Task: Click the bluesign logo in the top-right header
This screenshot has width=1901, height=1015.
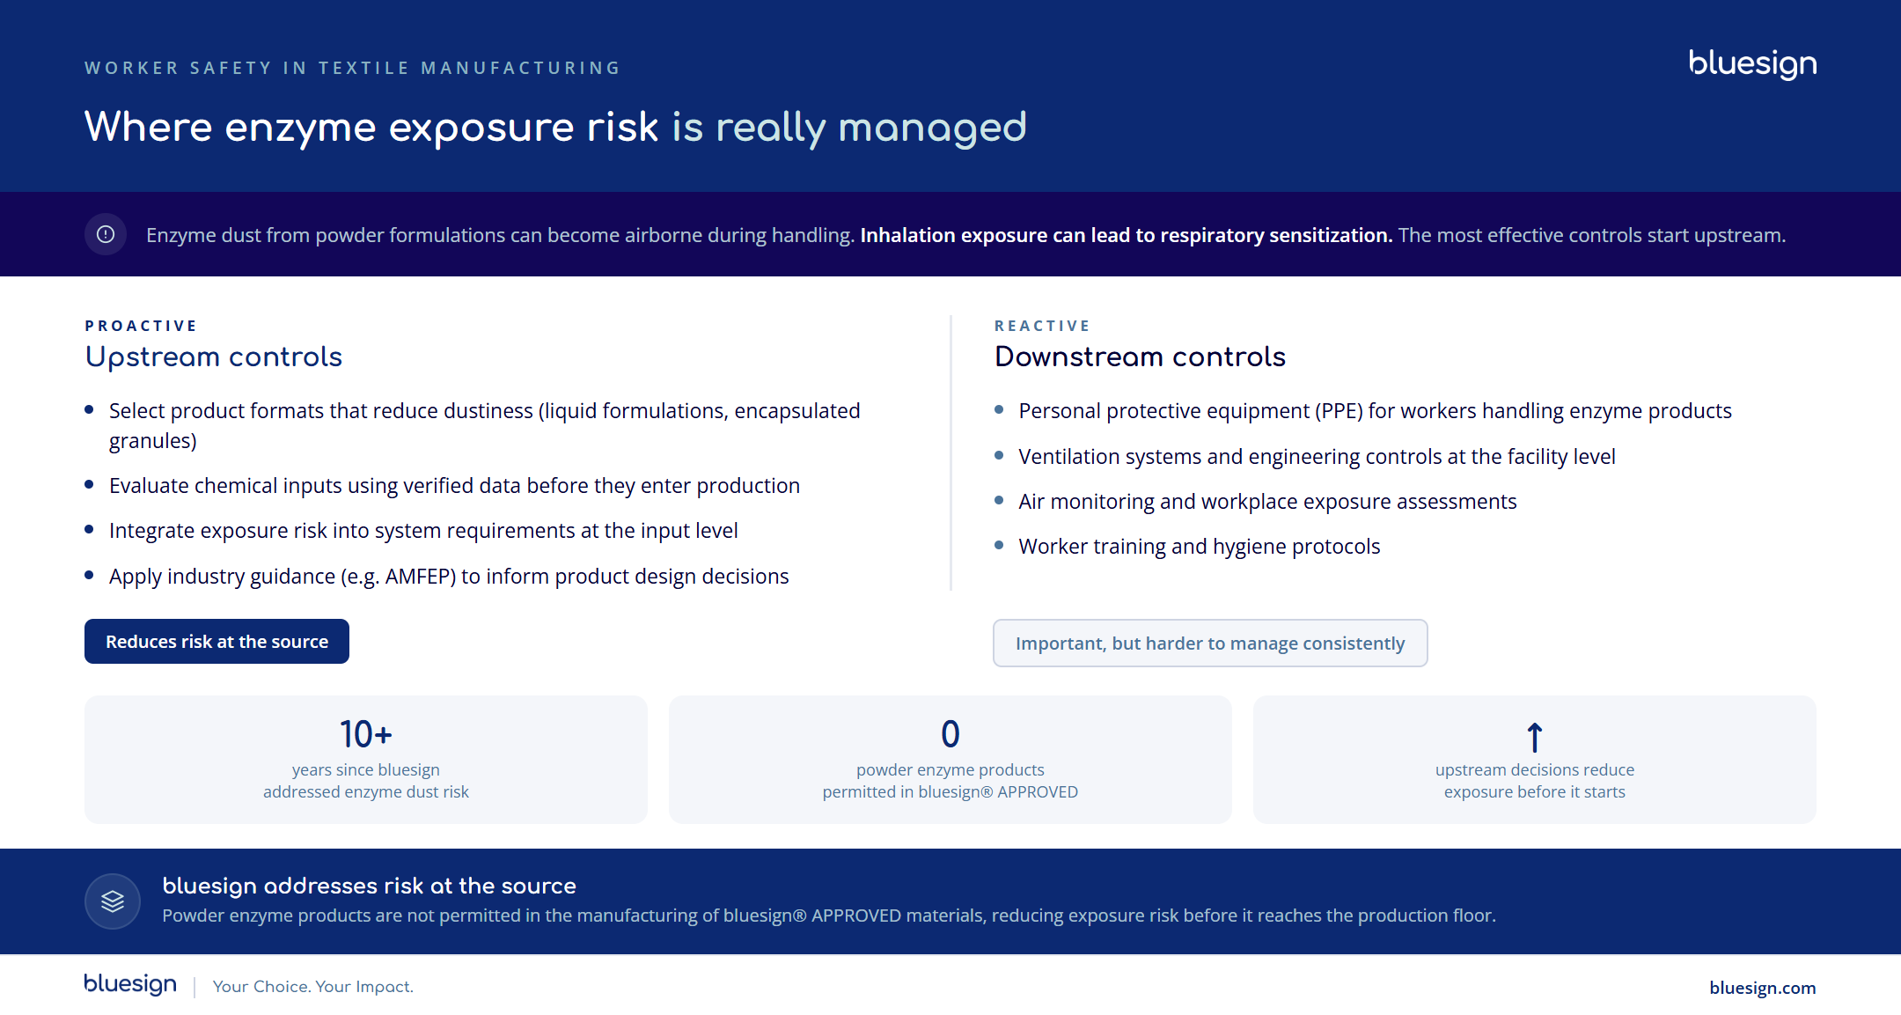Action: tap(1752, 64)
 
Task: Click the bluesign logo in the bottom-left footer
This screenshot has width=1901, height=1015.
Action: tap(130, 984)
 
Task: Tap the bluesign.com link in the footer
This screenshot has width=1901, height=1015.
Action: tap(1762, 988)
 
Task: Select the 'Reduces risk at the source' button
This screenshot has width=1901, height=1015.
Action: tap(217, 642)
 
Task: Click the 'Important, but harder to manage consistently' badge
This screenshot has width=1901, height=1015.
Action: tap(1210, 644)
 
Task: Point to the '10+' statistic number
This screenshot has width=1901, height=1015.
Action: tap(366, 734)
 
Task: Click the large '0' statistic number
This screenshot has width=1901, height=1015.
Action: tap(950, 734)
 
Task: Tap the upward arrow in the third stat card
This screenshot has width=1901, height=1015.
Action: tap(1535, 737)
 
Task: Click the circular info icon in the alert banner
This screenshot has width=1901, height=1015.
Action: tap(106, 234)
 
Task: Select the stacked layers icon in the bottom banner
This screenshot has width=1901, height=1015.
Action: tap(113, 901)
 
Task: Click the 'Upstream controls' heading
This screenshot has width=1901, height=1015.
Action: tap(214, 357)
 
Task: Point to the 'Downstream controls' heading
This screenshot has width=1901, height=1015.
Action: tap(1140, 357)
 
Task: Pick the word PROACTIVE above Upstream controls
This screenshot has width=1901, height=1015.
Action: tap(141, 326)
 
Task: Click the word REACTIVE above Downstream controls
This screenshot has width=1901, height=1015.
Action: tap(1042, 326)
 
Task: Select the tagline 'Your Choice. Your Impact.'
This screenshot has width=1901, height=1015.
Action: tap(313, 987)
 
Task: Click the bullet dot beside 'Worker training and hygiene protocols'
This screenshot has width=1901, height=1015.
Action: tap(999, 546)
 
